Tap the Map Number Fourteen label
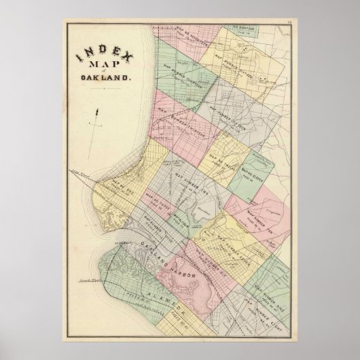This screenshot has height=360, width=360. pos(183,74)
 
